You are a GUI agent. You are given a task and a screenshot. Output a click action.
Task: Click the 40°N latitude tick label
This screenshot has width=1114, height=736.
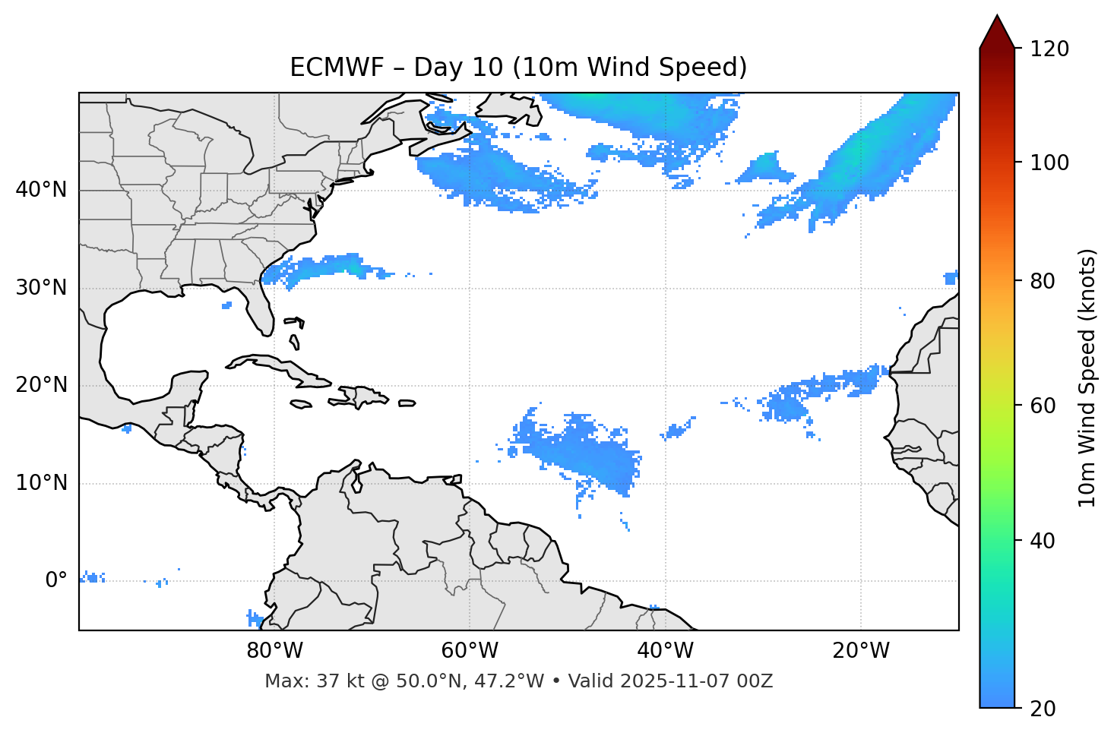pos(41,190)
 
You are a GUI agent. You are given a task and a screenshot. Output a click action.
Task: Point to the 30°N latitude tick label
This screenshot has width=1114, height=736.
pos(41,288)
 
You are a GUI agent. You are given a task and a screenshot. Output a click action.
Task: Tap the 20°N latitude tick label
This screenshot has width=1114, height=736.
pos(41,385)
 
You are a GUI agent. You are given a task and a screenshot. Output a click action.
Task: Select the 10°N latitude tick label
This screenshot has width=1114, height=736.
pos(41,483)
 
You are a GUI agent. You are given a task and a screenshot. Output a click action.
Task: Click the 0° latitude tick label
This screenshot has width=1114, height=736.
pos(56,581)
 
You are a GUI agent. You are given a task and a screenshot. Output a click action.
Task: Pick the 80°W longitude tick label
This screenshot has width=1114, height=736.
pos(274,651)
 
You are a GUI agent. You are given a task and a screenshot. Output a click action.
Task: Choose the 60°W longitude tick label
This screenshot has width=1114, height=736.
pos(470,651)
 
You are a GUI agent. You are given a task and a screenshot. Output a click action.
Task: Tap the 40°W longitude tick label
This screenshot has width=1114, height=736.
pos(665,651)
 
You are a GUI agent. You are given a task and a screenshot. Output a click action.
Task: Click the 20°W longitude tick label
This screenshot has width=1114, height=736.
pos(861,651)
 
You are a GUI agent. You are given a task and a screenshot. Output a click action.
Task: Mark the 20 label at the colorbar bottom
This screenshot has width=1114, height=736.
pos(1043,709)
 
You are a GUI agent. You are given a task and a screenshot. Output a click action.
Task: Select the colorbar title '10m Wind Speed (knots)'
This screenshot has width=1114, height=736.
pos(1087,377)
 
